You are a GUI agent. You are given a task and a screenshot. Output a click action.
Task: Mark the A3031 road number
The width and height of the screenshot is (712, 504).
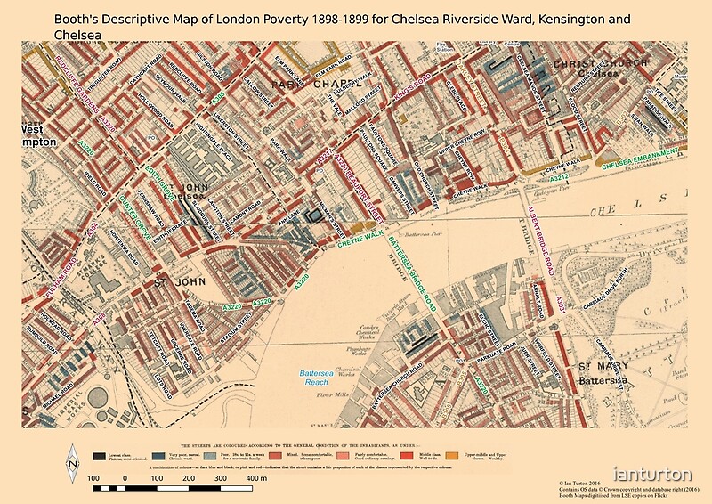562,305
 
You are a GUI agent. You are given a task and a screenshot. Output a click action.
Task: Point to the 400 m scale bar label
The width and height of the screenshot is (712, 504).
257,478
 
